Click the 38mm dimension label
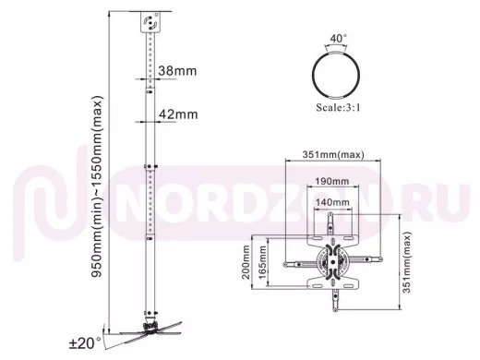click(177, 71)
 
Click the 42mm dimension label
click(178, 114)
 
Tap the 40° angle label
click(338, 38)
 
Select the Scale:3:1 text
click(338, 108)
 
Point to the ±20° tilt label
click(85, 343)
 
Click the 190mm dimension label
click(332, 181)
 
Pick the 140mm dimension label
click(332, 202)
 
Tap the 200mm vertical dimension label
click(246, 262)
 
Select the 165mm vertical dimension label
click(262, 262)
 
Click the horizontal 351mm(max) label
click(333, 154)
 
